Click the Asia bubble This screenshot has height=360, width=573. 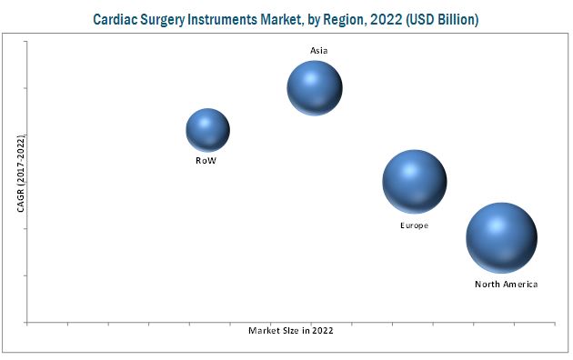pyautogui.click(x=315, y=88)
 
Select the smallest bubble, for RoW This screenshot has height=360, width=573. pyautogui.click(x=207, y=129)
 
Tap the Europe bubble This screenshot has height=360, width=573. pyautogui.click(x=415, y=182)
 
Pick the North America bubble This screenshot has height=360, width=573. pyautogui.click(x=501, y=237)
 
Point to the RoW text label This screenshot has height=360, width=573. pyautogui.click(x=206, y=160)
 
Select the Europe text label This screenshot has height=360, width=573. pyautogui.click(x=414, y=224)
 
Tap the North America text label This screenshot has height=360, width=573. pyautogui.click(x=506, y=285)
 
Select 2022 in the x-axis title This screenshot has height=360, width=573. pyautogui.click(x=322, y=331)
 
